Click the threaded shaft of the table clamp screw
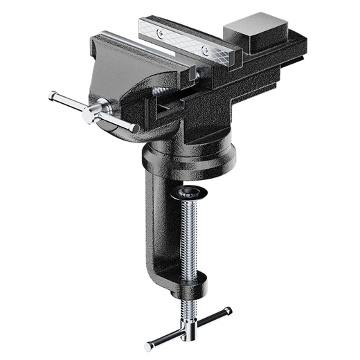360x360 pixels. click(188, 235)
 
